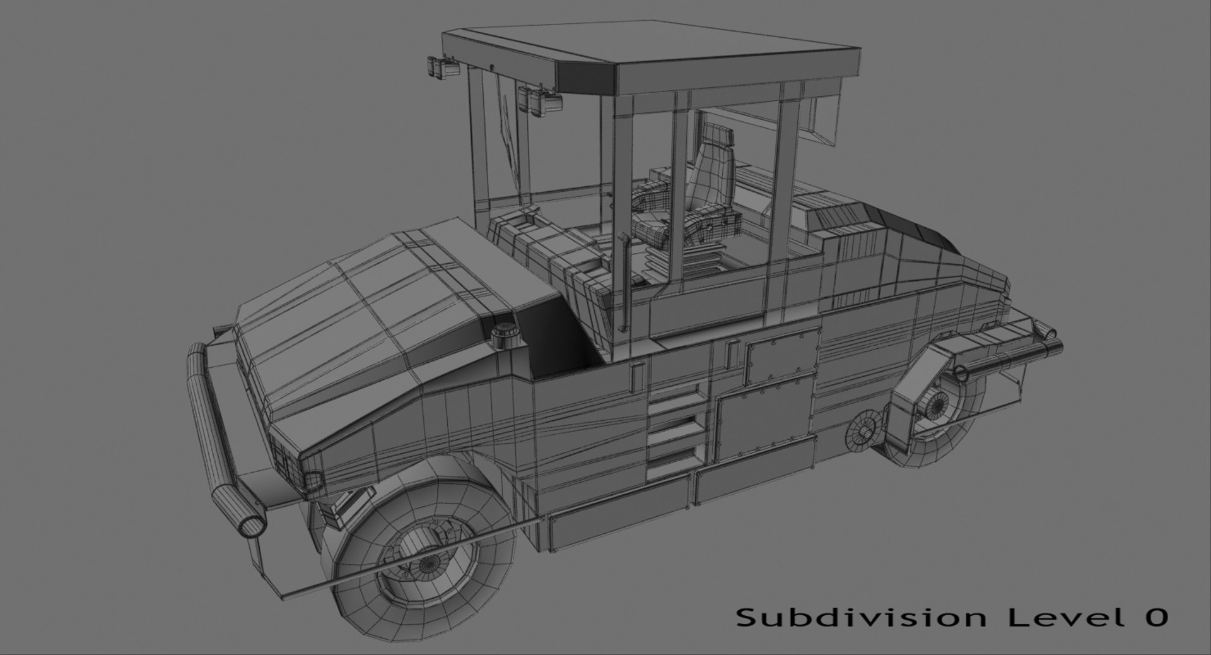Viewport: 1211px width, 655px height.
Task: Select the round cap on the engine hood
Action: [x=504, y=334]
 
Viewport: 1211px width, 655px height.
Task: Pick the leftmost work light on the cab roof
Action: [x=440, y=67]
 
